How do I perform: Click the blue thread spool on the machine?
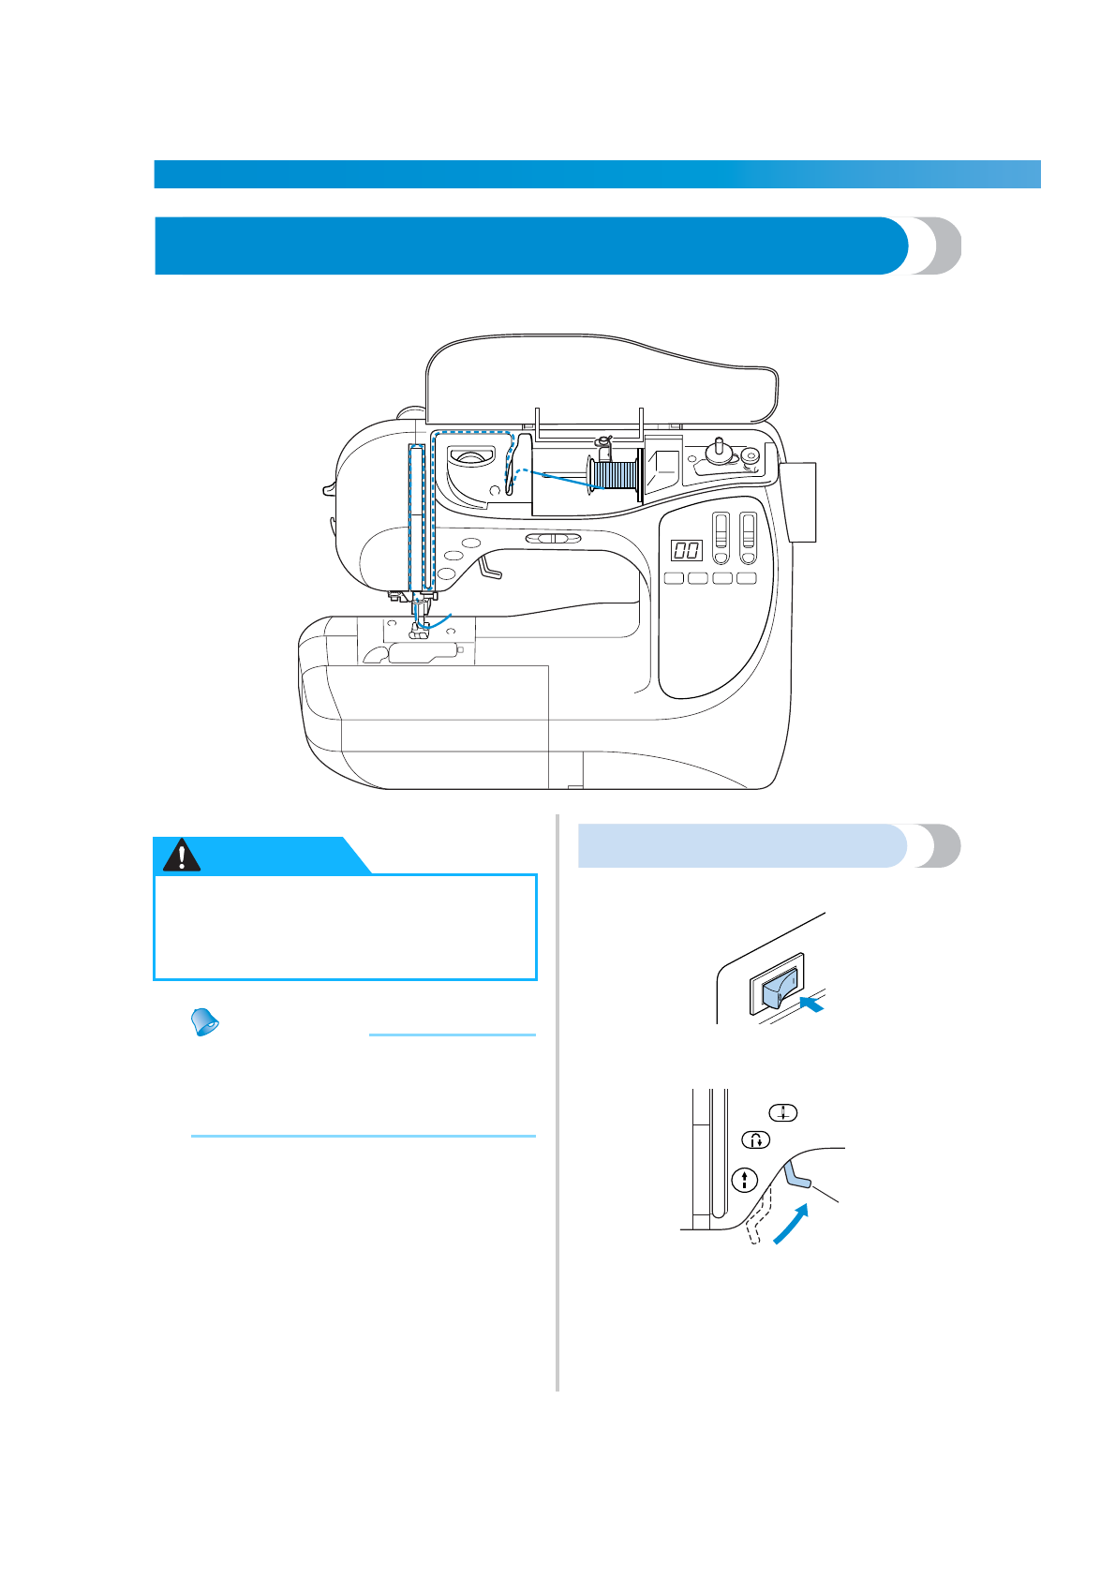click(x=616, y=474)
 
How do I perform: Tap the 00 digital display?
click(x=686, y=550)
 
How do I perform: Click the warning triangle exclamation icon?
click(x=181, y=855)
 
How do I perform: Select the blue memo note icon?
click(x=204, y=1022)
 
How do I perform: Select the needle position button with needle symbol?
click(x=783, y=1112)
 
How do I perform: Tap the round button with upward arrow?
click(x=745, y=1180)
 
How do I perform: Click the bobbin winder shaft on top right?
click(x=719, y=449)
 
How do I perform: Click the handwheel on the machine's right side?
click(x=801, y=502)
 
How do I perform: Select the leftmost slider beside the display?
click(x=721, y=538)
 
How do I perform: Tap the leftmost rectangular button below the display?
click(x=674, y=578)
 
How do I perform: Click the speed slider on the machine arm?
click(x=553, y=539)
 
